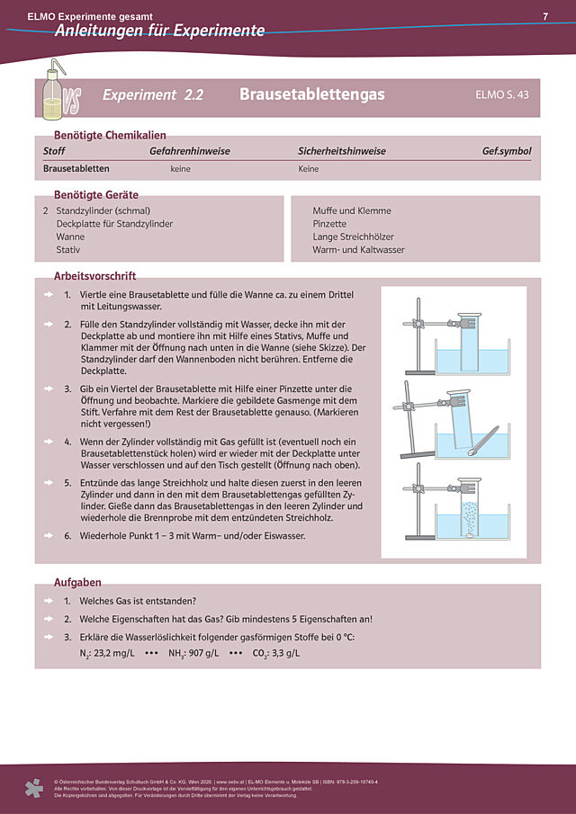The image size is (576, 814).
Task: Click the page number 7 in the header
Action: click(545, 16)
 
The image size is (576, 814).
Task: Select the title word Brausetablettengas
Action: click(312, 94)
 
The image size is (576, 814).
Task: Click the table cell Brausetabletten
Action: click(76, 168)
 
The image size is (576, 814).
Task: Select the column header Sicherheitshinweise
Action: click(342, 151)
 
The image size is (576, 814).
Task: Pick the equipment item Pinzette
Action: click(329, 223)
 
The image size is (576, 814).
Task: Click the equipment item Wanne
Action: click(70, 237)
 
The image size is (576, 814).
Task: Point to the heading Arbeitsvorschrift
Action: click(94, 276)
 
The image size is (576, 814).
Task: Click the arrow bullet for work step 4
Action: click(50, 443)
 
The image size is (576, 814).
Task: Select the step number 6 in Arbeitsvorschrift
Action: click(67, 536)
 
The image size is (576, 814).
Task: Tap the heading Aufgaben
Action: click(77, 583)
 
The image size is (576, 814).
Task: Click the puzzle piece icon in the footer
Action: click(34, 789)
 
